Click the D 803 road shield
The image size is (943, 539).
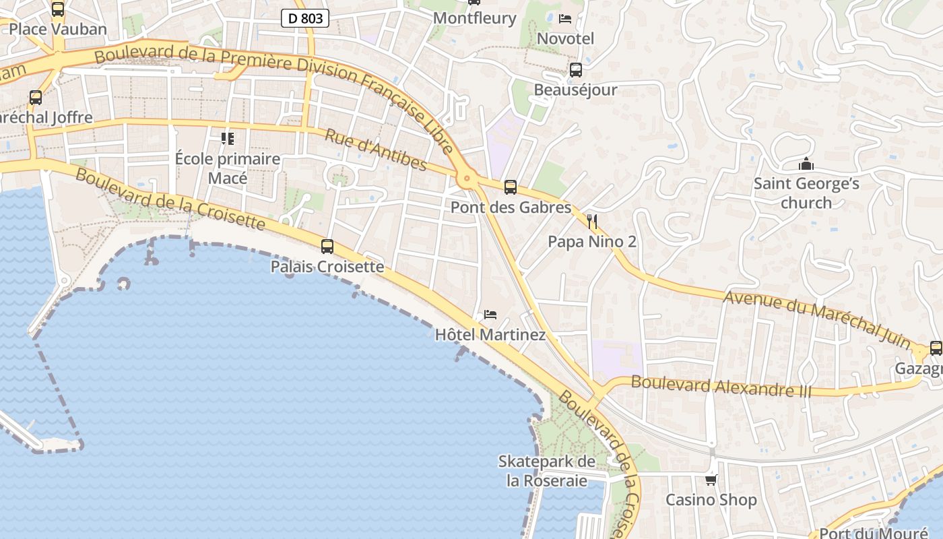coord(305,19)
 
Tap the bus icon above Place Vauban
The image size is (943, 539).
coord(58,9)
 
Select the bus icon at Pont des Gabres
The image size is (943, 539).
coord(511,187)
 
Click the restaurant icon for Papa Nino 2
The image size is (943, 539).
coord(592,221)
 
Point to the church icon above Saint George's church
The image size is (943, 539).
coord(806,164)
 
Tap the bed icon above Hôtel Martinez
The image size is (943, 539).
coord(490,315)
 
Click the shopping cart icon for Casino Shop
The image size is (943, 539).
coord(711,480)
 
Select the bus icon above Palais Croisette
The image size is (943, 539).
coord(327,247)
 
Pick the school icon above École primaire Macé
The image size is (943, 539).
coord(228,139)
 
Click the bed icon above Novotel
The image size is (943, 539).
coord(565,18)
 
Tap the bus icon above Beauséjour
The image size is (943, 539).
coord(575,70)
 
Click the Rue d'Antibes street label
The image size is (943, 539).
coord(376,150)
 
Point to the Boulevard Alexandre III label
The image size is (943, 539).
coord(721,387)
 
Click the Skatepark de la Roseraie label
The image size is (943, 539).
coord(547,471)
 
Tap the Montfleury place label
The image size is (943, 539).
coord(474,18)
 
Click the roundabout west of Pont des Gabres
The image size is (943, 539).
coord(465,179)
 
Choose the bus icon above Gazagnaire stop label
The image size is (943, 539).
coord(936,348)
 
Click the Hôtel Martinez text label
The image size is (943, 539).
coord(490,334)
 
